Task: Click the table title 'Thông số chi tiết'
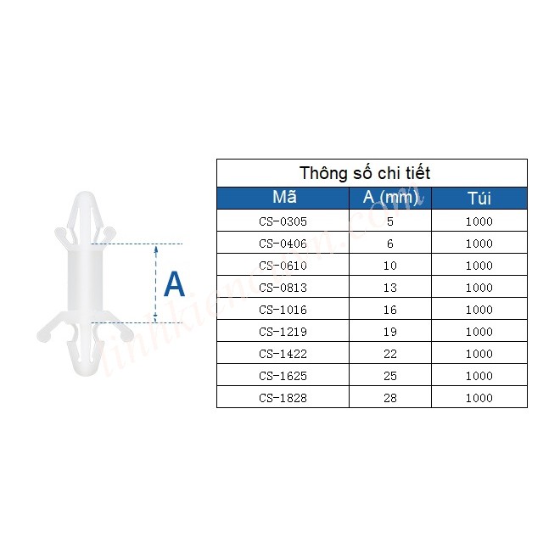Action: pyautogui.click(x=365, y=173)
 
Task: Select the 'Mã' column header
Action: pyautogui.click(x=284, y=197)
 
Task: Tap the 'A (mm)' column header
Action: pyautogui.click(x=390, y=198)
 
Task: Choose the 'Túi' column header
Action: pyautogui.click(x=479, y=199)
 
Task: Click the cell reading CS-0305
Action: pyautogui.click(x=283, y=221)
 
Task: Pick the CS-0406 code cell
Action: pyautogui.click(x=283, y=244)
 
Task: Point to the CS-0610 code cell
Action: pyautogui.click(x=283, y=266)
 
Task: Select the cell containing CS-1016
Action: pyautogui.click(x=283, y=310)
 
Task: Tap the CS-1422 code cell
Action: pyautogui.click(x=283, y=354)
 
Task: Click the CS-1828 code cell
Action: pyautogui.click(x=283, y=398)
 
